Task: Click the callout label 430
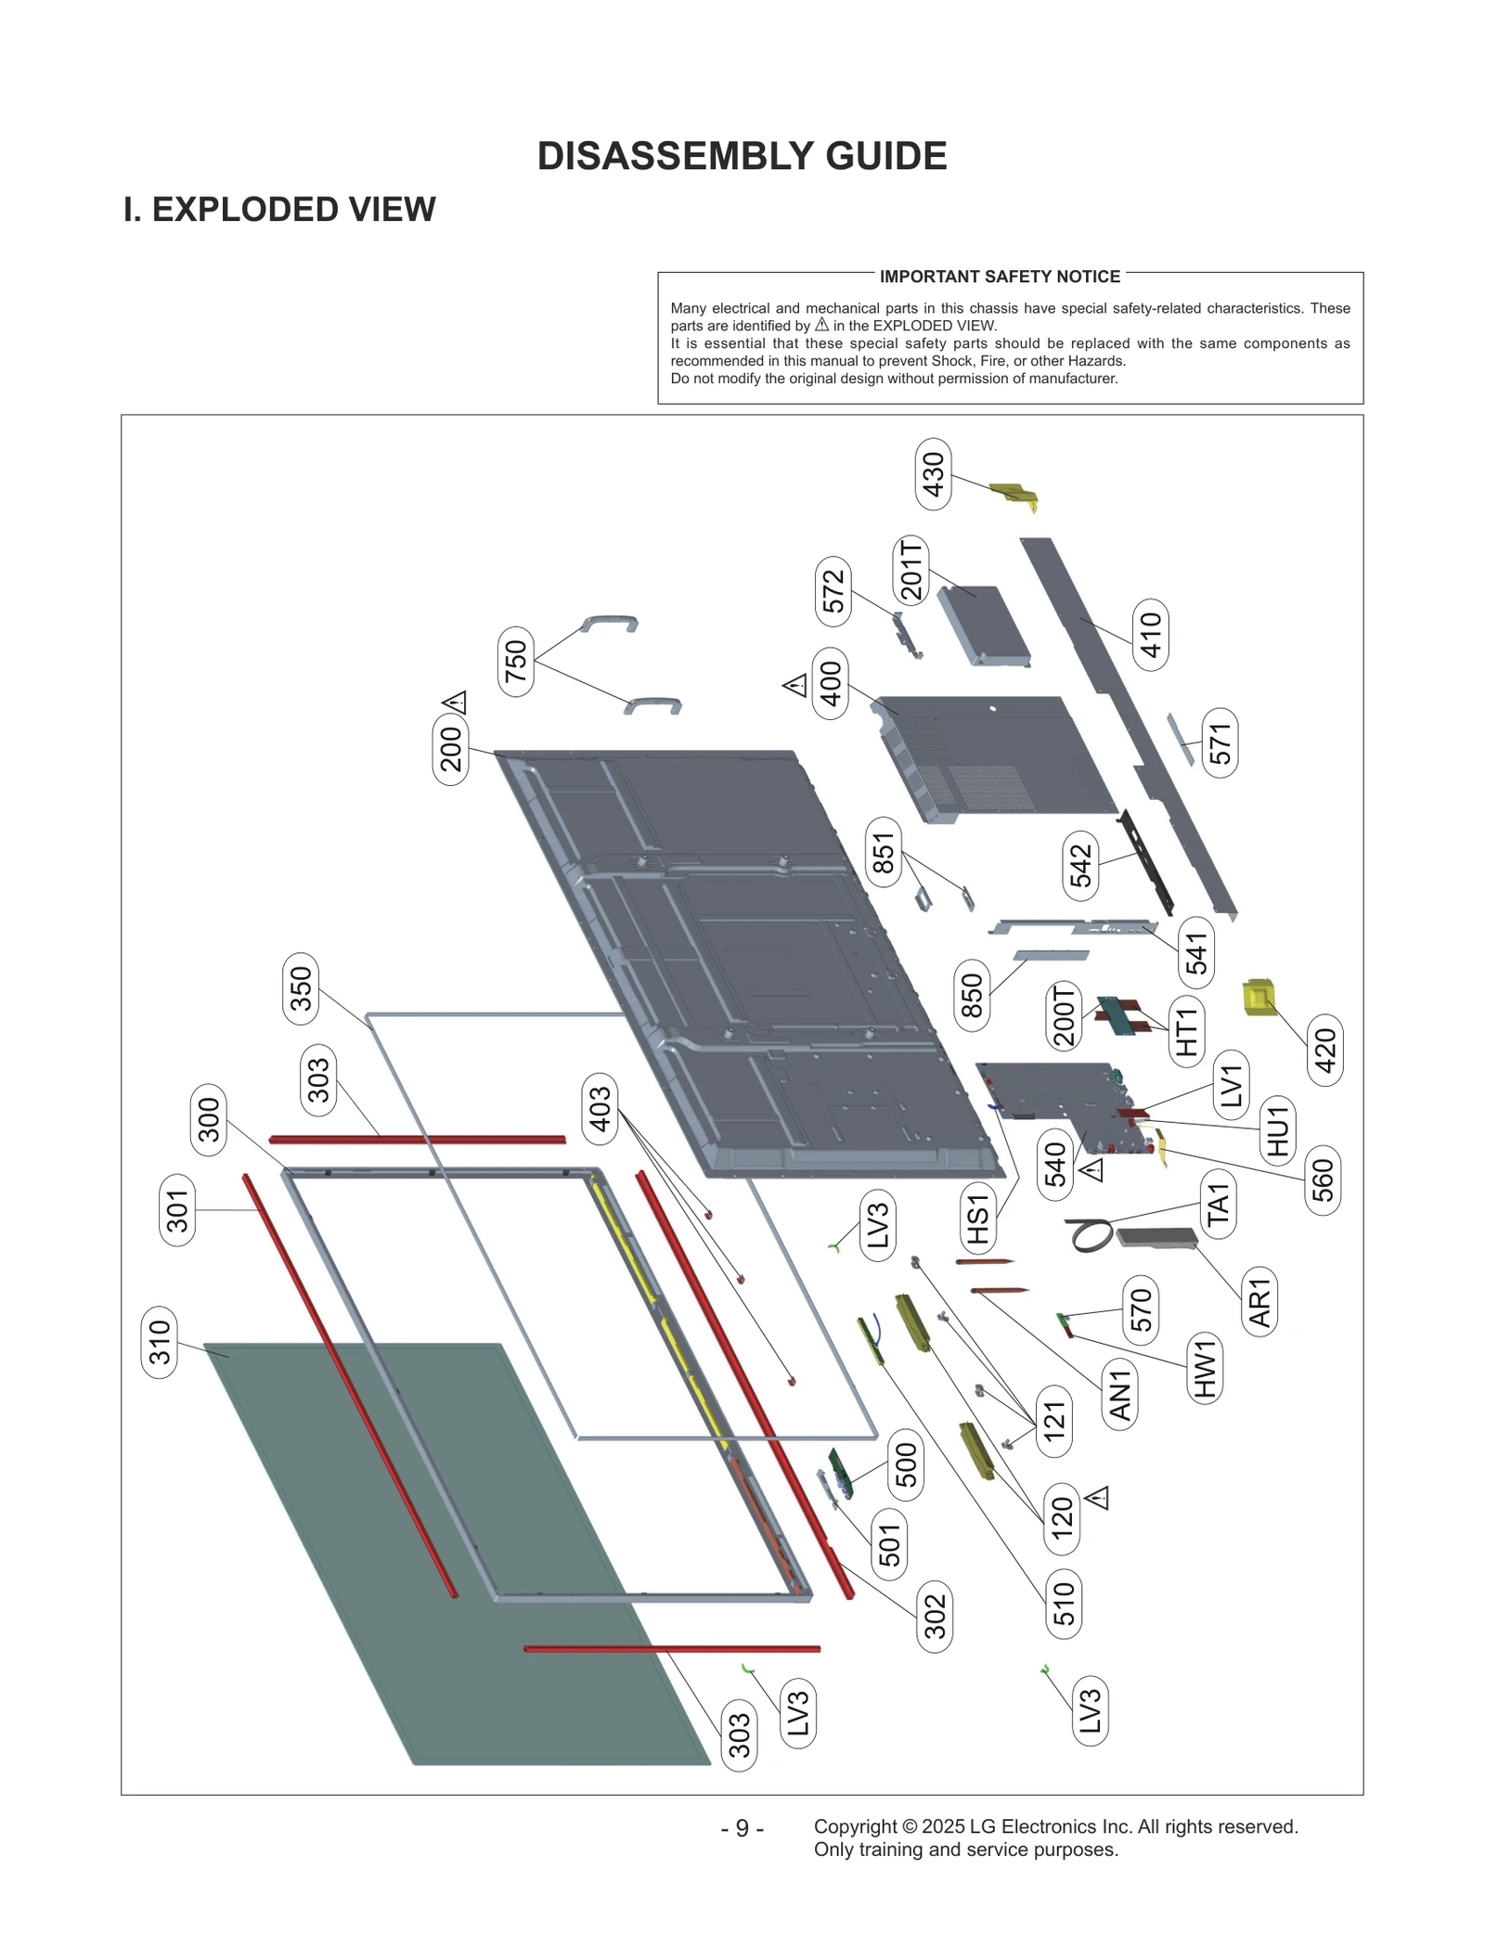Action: click(932, 474)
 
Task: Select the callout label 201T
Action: click(911, 570)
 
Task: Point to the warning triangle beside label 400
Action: click(795, 686)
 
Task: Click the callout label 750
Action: click(515, 662)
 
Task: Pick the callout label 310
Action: click(160, 1342)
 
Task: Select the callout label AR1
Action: click(1259, 1301)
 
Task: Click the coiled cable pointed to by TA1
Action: click(1089, 1235)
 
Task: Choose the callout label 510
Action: click(1063, 1604)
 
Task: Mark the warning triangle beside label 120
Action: click(1098, 1497)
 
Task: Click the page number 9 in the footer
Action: click(742, 1828)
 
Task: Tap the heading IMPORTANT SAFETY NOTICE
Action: click(1000, 277)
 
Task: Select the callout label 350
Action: click(301, 988)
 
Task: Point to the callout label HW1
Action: click(1204, 1369)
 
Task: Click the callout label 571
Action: click(1220, 742)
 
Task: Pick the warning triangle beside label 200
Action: click(455, 703)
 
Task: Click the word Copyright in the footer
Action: click(855, 1826)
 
